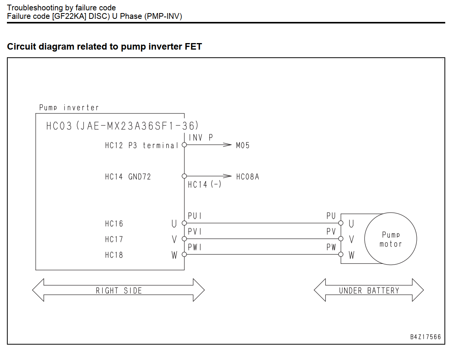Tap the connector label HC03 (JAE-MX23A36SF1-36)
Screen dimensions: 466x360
pos(122,126)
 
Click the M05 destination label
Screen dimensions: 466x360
pos(243,145)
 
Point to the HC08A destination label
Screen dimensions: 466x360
pos(248,177)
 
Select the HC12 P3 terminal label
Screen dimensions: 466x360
pos(141,145)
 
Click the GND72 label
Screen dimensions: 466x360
pos(140,177)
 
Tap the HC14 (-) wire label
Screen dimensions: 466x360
pos(205,184)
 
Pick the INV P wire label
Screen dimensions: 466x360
pos(201,137)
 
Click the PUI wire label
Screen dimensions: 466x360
pos(195,216)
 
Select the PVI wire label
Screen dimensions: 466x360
pos(195,232)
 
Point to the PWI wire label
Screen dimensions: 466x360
pos(195,247)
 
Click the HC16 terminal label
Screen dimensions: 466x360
pos(114,223)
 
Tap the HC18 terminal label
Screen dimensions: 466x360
pos(114,255)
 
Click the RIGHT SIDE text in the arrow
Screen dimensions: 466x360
pos(119,290)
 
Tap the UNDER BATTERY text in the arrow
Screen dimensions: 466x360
pos(369,290)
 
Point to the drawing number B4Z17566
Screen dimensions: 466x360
pos(426,337)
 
